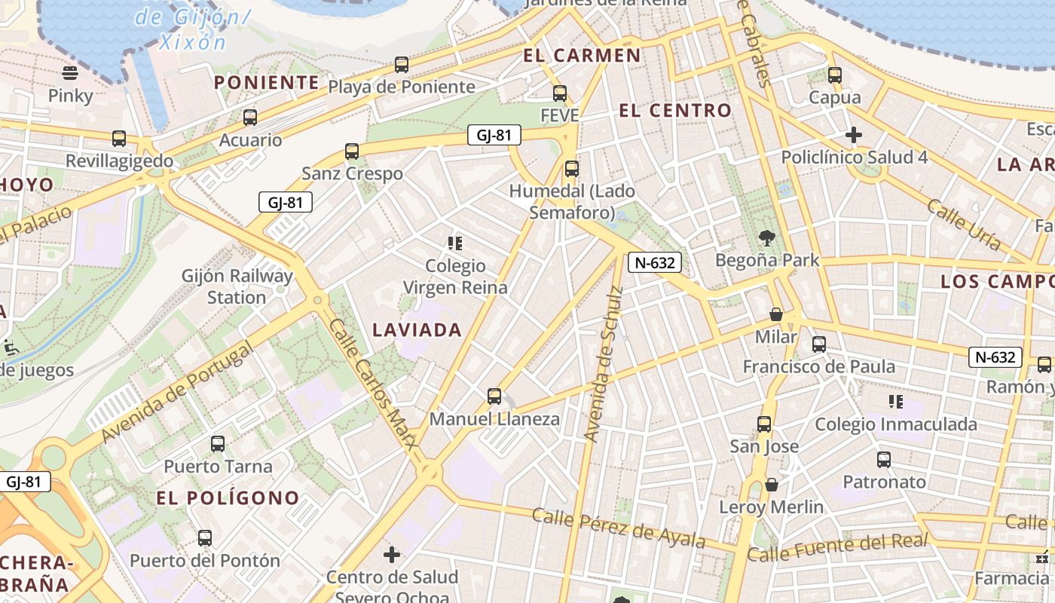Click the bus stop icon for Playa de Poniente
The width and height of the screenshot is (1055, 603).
pyautogui.click(x=402, y=65)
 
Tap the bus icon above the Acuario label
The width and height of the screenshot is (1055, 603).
pyautogui.click(x=250, y=118)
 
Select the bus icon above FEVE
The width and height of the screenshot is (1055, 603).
pyautogui.click(x=559, y=93)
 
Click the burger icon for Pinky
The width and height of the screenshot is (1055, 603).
pyautogui.click(x=70, y=73)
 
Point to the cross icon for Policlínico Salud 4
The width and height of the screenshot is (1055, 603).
pyautogui.click(x=854, y=135)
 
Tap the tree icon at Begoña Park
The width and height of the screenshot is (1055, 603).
pyautogui.click(x=767, y=239)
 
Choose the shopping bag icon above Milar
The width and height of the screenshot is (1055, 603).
pyautogui.click(x=776, y=314)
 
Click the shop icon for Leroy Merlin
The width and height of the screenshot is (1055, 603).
pyautogui.click(x=771, y=485)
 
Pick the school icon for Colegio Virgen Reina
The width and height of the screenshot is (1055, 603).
pyautogui.click(x=454, y=243)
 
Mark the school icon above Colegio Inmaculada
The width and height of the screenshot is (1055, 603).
pyautogui.click(x=895, y=402)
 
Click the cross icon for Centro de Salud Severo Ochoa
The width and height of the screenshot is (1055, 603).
pyautogui.click(x=392, y=556)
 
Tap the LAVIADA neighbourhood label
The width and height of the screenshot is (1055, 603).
pyautogui.click(x=417, y=330)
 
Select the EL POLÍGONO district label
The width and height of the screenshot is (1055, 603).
pyautogui.click(x=228, y=498)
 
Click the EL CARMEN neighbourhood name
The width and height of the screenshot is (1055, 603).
pyautogui.click(x=582, y=56)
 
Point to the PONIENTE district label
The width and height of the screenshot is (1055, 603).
pyautogui.click(x=267, y=83)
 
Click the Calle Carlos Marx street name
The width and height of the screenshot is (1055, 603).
pyautogui.click(x=373, y=392)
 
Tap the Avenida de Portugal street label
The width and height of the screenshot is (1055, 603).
pyautogui.click(x=177, y=392)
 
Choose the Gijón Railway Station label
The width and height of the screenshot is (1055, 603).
pyautogui.click(x=237, y=286)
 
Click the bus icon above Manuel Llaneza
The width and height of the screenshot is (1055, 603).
pyautogui.click(x=494, y=396)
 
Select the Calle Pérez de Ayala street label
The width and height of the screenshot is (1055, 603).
pyautogui.click(x=619, y=528)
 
